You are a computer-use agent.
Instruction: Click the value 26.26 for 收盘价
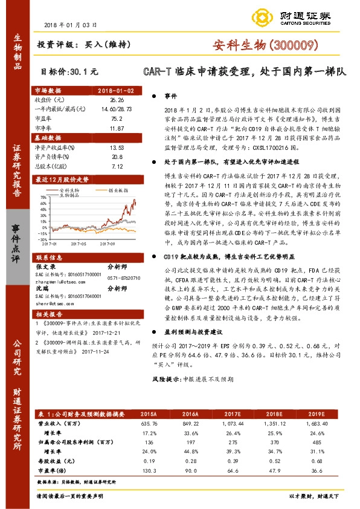(x=117, y=99)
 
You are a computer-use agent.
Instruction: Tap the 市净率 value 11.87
(x=117, y=129)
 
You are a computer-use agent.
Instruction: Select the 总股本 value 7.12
(x=117, y=164)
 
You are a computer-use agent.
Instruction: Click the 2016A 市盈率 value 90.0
(x=191, y=471)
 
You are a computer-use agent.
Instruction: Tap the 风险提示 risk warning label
(x=169, y=395)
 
